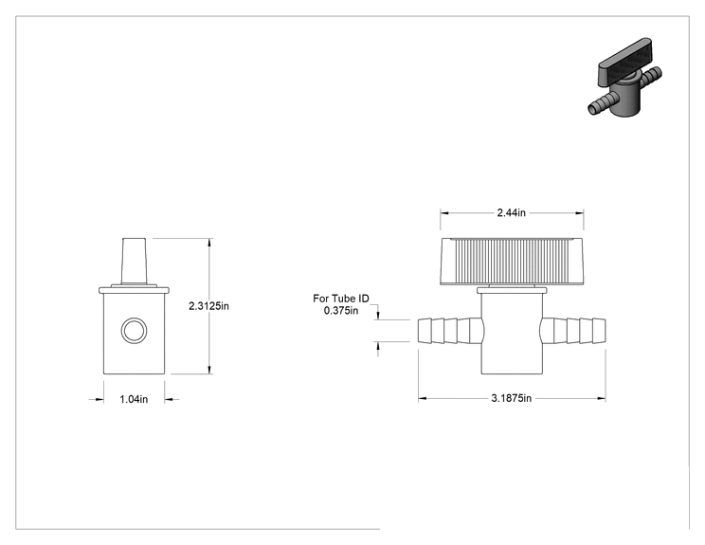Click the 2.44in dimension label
click(511, 212)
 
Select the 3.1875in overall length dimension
click(511, 398)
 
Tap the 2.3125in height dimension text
click(208, 306)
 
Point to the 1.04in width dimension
click(134, 399)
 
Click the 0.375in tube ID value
click(341, 311)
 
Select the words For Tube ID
click(341, 299)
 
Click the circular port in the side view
click(134, 331)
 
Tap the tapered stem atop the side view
click(134, 262)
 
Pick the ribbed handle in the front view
click(512, 262)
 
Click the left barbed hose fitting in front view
click(451, 331)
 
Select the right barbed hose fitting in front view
click(572, 331)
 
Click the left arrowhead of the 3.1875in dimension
click(423, 398)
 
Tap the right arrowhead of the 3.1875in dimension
click(602, 398)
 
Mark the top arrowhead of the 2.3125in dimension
click(209, 243)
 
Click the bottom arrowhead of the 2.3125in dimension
click(209, 370)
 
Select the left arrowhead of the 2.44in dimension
click(444, 213)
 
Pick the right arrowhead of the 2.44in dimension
click(580, 213)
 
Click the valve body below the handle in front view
click(512, 334)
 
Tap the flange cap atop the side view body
click(134, 290)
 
